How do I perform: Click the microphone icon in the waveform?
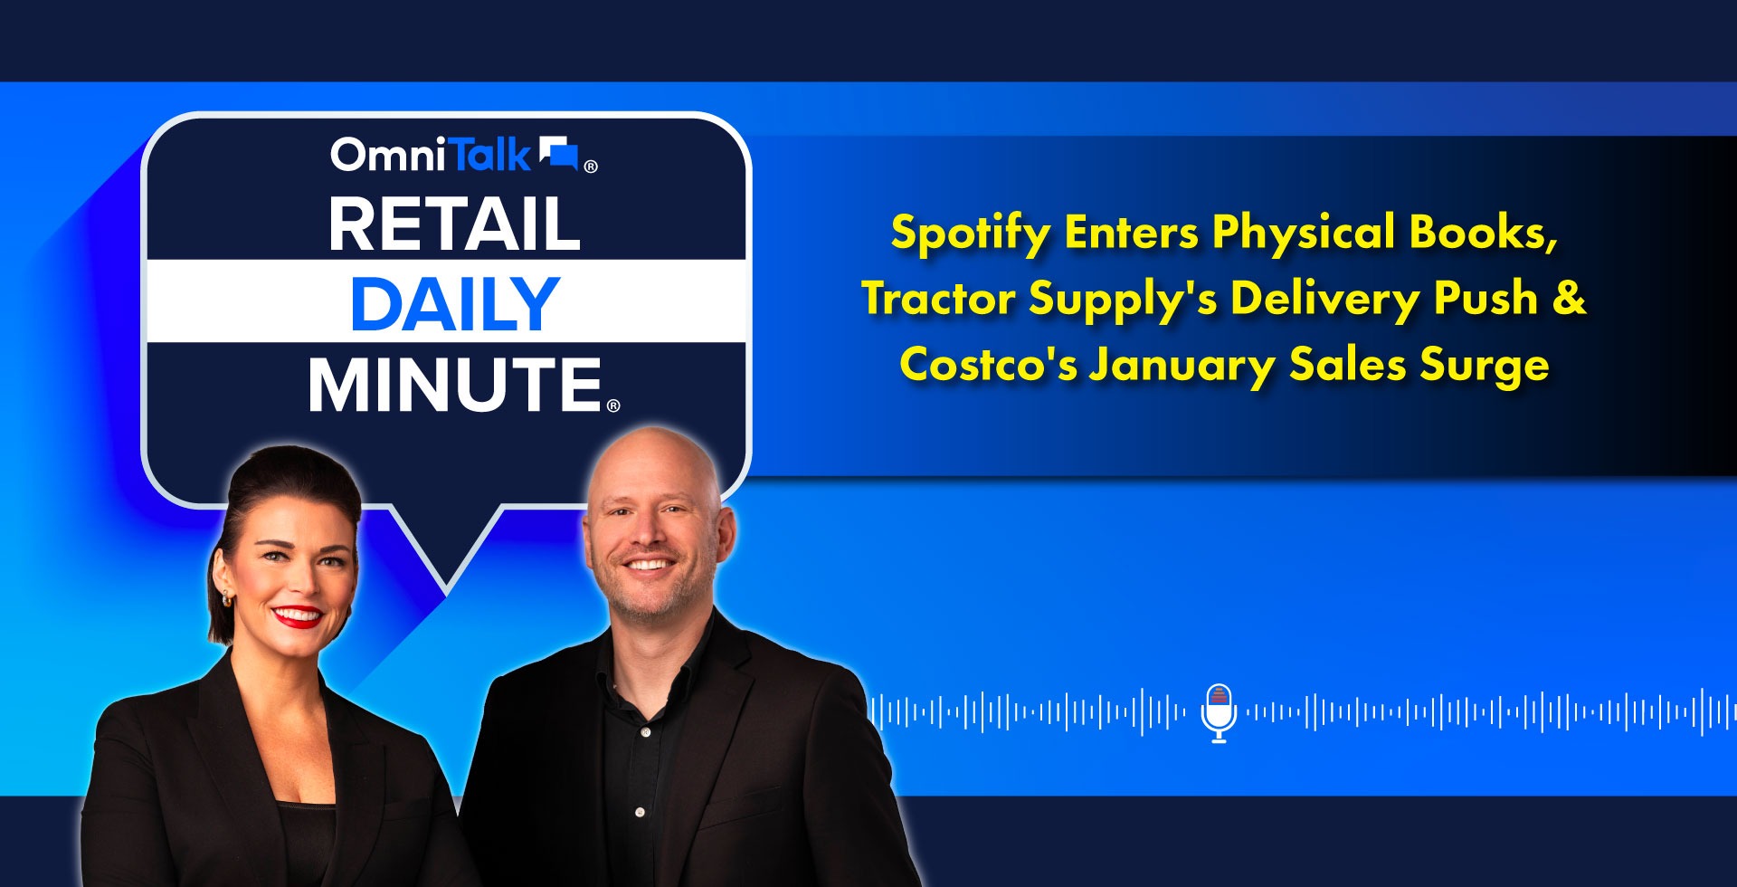(x=1219, y=713)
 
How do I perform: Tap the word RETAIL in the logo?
(x=454, y=224)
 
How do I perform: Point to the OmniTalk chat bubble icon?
(x=558, y=154)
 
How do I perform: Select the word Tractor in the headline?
(x=938, y=299)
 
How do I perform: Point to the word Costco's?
(x=988, y=365)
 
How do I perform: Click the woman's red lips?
(x=298, y=617)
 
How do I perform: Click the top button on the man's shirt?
(x=644, y=731)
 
